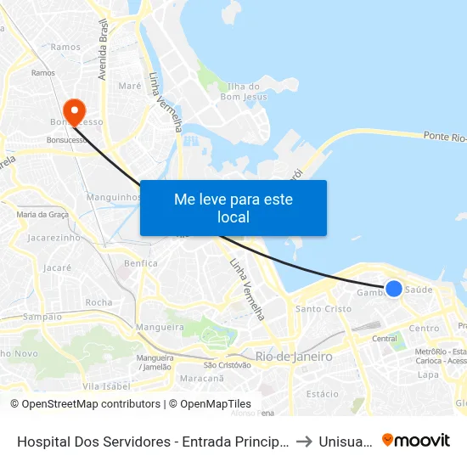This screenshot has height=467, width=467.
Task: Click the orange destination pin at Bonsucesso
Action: pyautogui.click(x=75, y=111)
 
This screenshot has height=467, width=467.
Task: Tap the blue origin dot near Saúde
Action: pyautogui.click(x=394, y=289)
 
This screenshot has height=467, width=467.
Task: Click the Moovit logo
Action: pyautogui.click(x=416, y=441)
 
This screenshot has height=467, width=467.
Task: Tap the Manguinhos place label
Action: pyautogui.click(x=113, y=197)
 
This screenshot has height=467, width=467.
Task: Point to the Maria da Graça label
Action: pyautogui.click(x=43, y=215)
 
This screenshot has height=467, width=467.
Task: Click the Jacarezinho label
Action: pyautogui.click(x=53, y=238)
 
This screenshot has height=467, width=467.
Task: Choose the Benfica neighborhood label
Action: pyautogui.click(x=140, y=263)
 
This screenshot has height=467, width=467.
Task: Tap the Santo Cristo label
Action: pyautogui.click(x=323, y=309)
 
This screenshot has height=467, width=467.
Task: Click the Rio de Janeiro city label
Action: pyautogui.click(x=294, y=357)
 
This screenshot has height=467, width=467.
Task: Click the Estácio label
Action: pyautogui.click(x=322, y=394)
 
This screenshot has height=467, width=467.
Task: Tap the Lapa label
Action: pyautogui.click(x=427, y=374)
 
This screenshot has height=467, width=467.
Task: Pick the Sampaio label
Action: pyautogui.click(x=42, y=317)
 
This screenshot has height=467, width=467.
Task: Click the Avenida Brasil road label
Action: pyautogui.click(x=104, y=51)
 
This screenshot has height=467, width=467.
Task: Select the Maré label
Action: pyautogui.click(x=130, y=86)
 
